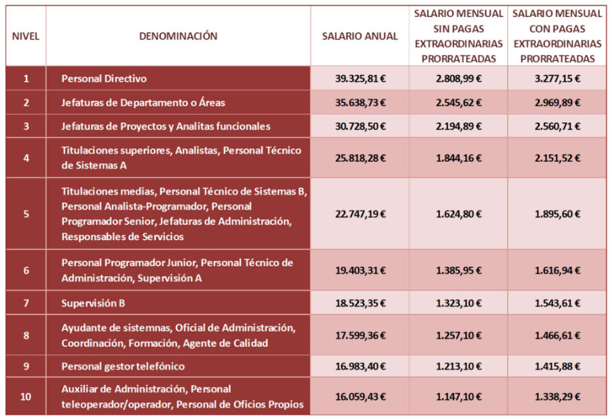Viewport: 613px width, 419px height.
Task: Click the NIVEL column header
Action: [26, 37]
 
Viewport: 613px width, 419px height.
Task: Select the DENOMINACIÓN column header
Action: [178, 37]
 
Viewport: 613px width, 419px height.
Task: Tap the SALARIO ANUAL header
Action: [360, 37]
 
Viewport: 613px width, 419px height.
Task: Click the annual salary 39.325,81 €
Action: [360, 78]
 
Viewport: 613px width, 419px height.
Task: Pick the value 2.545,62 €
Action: [458, 103]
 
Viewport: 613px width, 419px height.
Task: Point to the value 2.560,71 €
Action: [557, 127]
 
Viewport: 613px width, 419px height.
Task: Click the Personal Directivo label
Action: [104, 78]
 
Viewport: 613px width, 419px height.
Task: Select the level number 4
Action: [26, 158]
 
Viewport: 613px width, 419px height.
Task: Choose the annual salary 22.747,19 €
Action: [360, 214]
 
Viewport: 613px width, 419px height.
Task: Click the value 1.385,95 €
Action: [458, 270]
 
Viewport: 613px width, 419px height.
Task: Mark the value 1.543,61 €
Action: [557, 303]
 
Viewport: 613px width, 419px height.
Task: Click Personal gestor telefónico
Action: [123, 367]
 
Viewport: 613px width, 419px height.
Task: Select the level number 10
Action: [26, 397]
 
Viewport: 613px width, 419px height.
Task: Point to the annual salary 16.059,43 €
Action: [360, 397]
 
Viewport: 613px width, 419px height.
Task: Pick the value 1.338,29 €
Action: [557, 397]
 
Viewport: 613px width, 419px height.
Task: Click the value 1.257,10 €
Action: [458, 335]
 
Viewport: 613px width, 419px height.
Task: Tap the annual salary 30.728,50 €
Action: [360, 127]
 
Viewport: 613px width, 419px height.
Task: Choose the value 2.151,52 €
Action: [557, 158]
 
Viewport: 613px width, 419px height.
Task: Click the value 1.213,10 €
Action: [458, 367]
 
